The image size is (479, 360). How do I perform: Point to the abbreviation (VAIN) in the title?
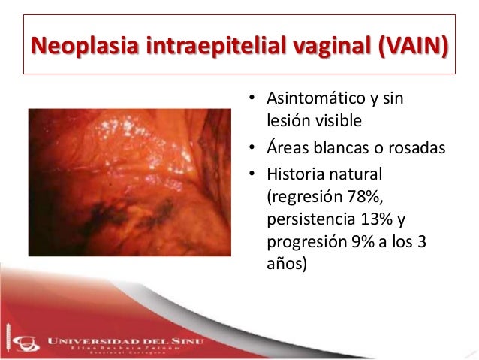tap(413, 46)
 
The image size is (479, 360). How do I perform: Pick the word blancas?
tap(340, 148)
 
